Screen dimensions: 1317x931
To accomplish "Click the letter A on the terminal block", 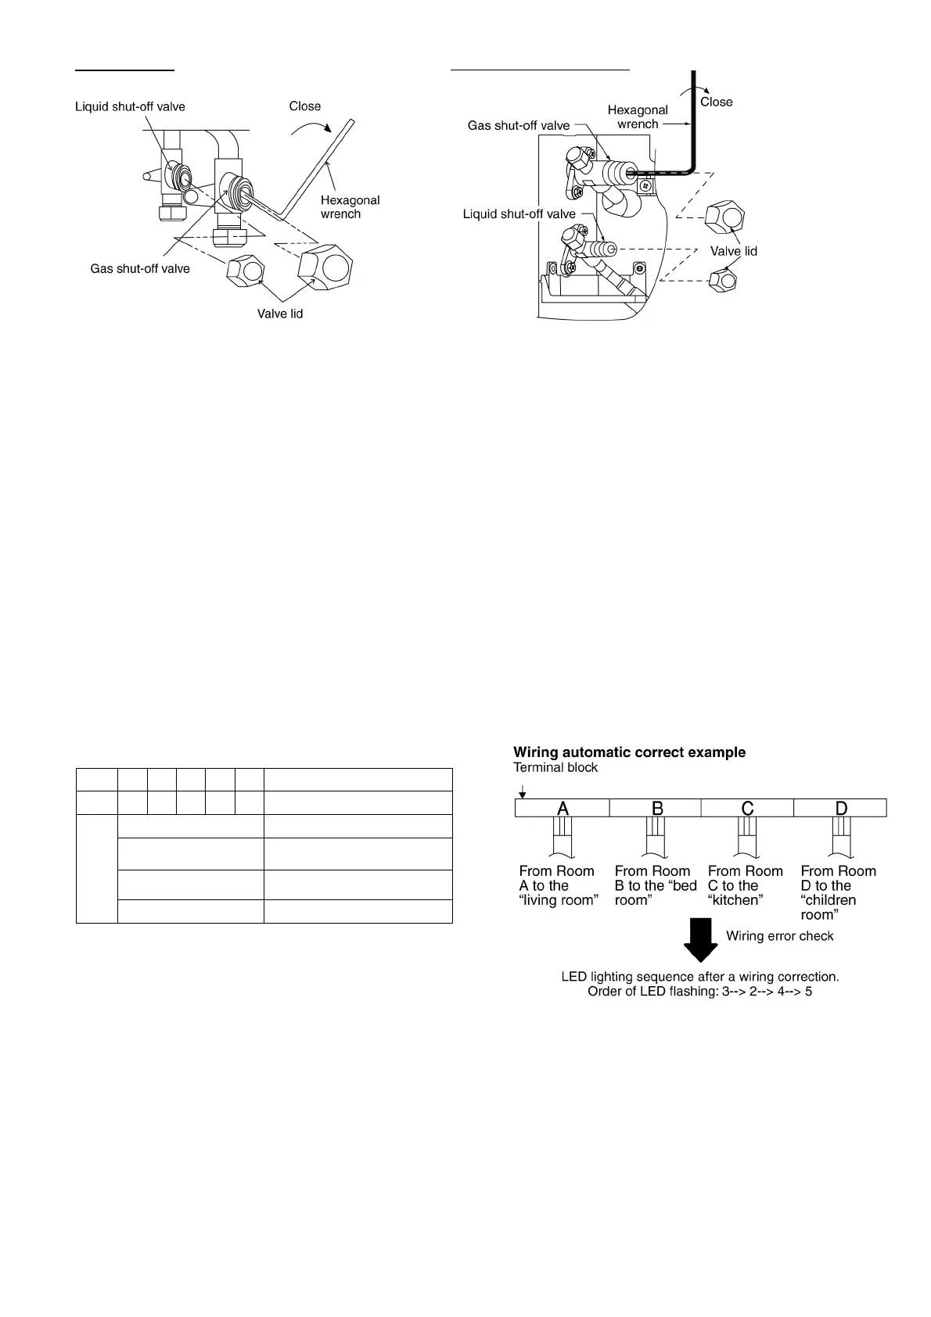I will [x=563, y=808].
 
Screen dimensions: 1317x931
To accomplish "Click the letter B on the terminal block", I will [x=657, y=808].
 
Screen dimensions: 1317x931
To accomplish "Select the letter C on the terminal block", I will [x=747, y=808].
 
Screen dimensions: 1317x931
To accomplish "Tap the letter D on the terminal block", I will [x=841, y=808].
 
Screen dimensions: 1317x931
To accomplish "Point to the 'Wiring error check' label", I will [x=779, y=936].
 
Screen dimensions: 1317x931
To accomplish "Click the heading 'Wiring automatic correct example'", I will [x=629, y=752].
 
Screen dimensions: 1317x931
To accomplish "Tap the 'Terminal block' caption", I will [x=555, y=768].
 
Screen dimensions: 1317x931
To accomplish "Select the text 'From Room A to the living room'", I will [x=557, y=885].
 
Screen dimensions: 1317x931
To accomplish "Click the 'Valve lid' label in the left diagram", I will [x=280, y=314].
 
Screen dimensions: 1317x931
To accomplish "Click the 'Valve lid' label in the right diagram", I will [x=733, y=251].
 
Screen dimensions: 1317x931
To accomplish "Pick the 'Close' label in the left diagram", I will [x=305, y=106].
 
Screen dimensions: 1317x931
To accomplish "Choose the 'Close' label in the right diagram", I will [x=716, y=102].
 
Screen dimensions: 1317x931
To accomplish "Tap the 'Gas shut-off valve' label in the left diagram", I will [x=140, y=268].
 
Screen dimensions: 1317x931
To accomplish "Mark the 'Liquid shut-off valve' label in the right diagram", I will [x=519, y=214].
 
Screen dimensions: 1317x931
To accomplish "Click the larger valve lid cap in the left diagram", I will [x=326, y=267].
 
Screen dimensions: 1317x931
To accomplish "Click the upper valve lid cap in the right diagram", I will [x=724, y=218].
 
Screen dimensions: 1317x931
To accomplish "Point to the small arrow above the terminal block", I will [x=522, y=792].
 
